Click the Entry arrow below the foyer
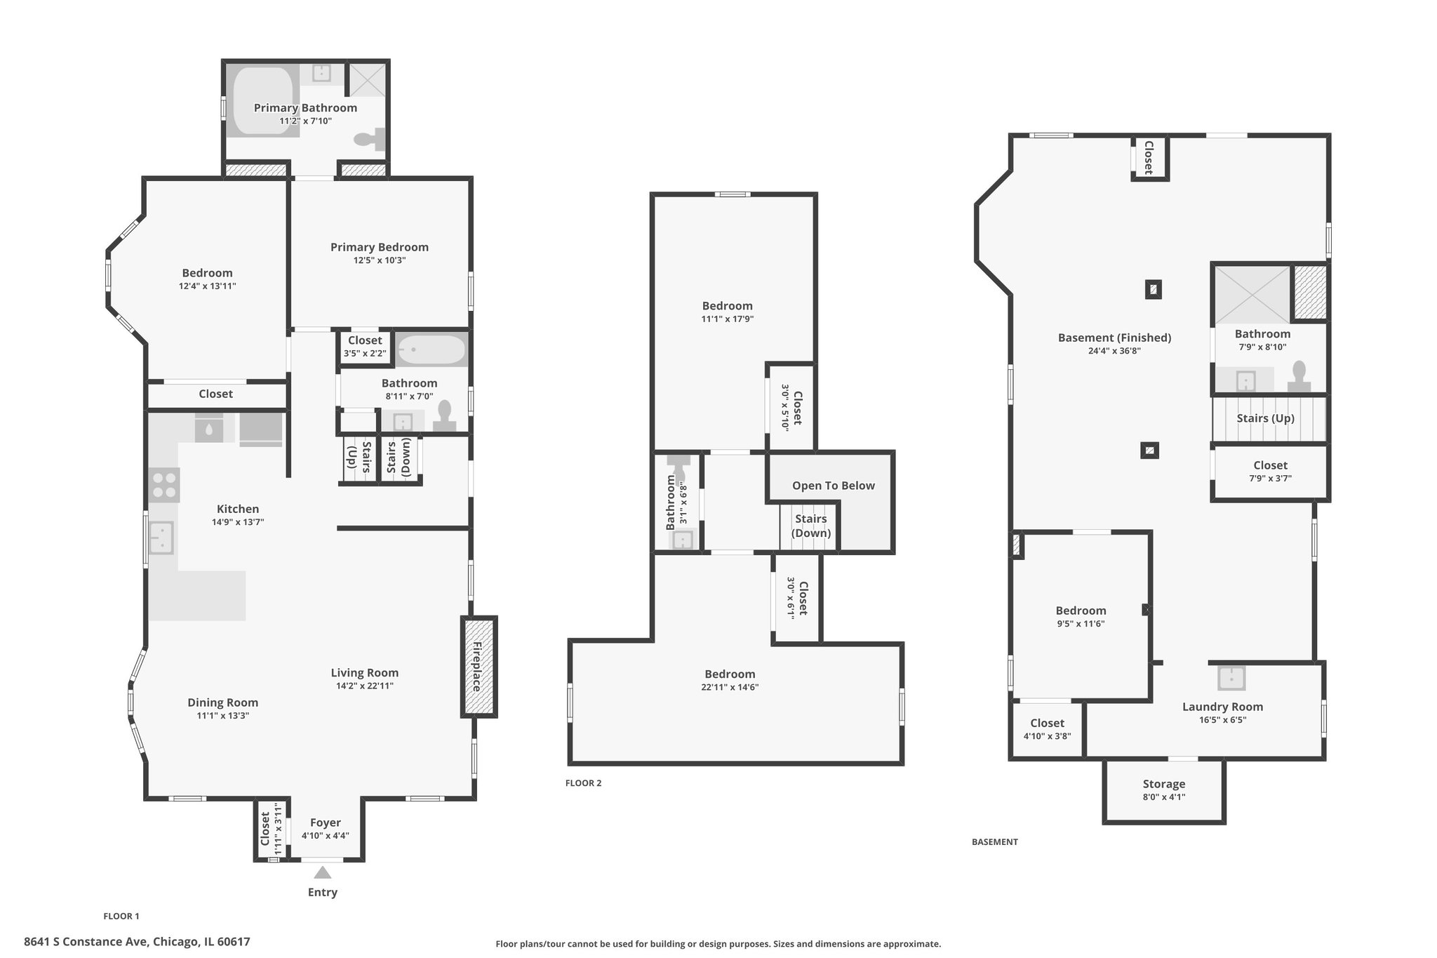pos(322,872)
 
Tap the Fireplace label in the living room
pos(479,666)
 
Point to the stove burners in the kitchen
pos(164,485)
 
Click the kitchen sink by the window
pos(162,538)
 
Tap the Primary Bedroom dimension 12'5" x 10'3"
pos(380,260)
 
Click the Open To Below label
pos(834,486)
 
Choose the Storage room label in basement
pos(1164,784)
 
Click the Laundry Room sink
pos(1231,678)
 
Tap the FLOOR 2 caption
pos(583,783)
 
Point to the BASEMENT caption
pos(994,841)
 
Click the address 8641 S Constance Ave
pos(85,942)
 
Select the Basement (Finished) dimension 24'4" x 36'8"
pos(1114,351)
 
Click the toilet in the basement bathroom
pos(1299,376)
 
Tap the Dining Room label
pos(222,703)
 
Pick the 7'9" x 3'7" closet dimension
pos(1270,479)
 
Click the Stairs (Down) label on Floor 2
pos(810,526)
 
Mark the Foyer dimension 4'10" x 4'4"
pos(326,836)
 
